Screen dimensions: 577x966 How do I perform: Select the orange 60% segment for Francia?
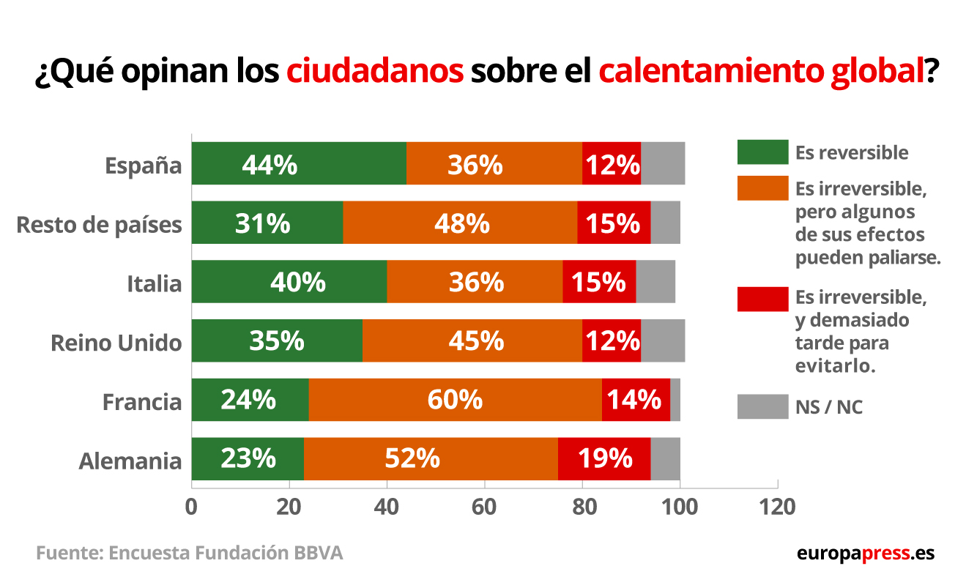(x=455, y=400)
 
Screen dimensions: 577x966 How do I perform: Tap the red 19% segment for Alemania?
(x=604, y=459)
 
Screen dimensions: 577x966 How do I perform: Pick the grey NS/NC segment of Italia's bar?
(x=655, y=282)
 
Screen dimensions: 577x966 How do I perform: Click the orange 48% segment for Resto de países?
(x=460, y=223)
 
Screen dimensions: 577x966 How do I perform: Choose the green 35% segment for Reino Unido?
(x=277, y=340)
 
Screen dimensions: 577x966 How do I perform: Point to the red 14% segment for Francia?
(x=636, y=400)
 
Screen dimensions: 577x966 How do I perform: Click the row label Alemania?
(x=130, y=461)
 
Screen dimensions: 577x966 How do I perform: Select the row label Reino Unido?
(x=116, y=343)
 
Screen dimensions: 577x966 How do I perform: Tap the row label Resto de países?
(x=99, y=224)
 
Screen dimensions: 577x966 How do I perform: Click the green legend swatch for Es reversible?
(x=762, y=152)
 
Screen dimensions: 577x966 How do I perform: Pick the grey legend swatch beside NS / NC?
(x=762, y=406)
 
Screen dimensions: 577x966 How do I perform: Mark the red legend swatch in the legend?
(x=762, y=299)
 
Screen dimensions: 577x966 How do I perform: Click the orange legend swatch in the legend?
(x=762, y=187)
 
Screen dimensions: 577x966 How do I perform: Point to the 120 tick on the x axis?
(x=777, y=507)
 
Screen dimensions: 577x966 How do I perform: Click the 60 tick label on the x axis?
(x=484, y=507)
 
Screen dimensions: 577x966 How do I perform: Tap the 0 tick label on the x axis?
(x=192, y=507)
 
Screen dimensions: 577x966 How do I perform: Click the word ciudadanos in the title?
(x=375, y=72)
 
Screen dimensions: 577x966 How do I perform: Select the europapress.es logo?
(x=865, y=553)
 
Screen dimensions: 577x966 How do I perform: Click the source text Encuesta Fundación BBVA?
(x=226, y=553)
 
